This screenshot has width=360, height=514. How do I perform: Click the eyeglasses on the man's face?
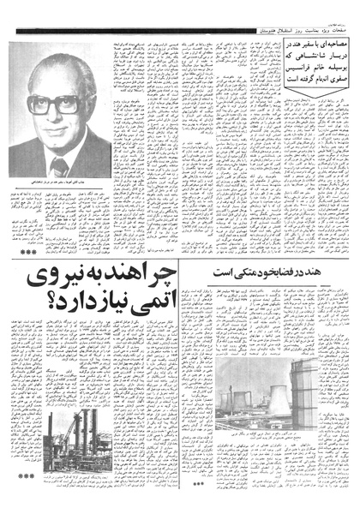tap(53, 105)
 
